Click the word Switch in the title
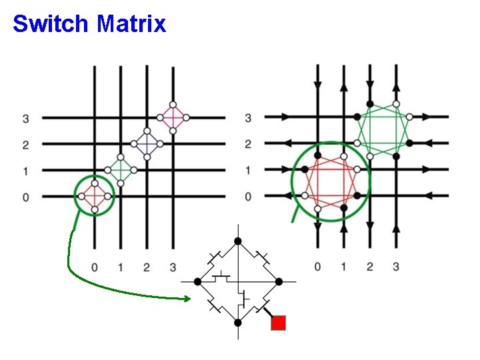51,24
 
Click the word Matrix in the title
131,24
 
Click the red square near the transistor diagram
279,323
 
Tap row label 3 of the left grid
25,119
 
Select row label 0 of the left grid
25,197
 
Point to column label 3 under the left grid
173,267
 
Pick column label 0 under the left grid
94,267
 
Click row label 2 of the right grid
248,144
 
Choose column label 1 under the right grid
343,267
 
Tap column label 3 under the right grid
395,267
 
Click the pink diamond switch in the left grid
173,117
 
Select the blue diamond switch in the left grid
146,143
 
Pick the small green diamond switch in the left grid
120,170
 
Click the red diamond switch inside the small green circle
94,196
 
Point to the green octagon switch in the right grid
383,130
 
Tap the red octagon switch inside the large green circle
331,182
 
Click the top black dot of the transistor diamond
237,241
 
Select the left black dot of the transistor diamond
197,282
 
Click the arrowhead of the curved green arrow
189,298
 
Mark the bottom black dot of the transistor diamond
237,322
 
